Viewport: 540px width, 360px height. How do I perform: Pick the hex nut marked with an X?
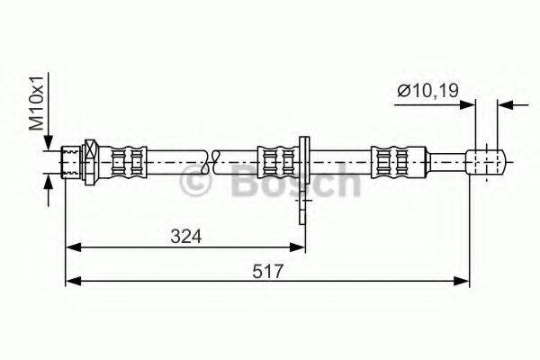pyautogui.click(x=90, y=162)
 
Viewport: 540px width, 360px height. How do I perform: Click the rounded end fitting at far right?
pyautogui.click(x=487, y=162)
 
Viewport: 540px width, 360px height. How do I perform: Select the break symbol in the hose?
pyautogui.click(x=212, y=162)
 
